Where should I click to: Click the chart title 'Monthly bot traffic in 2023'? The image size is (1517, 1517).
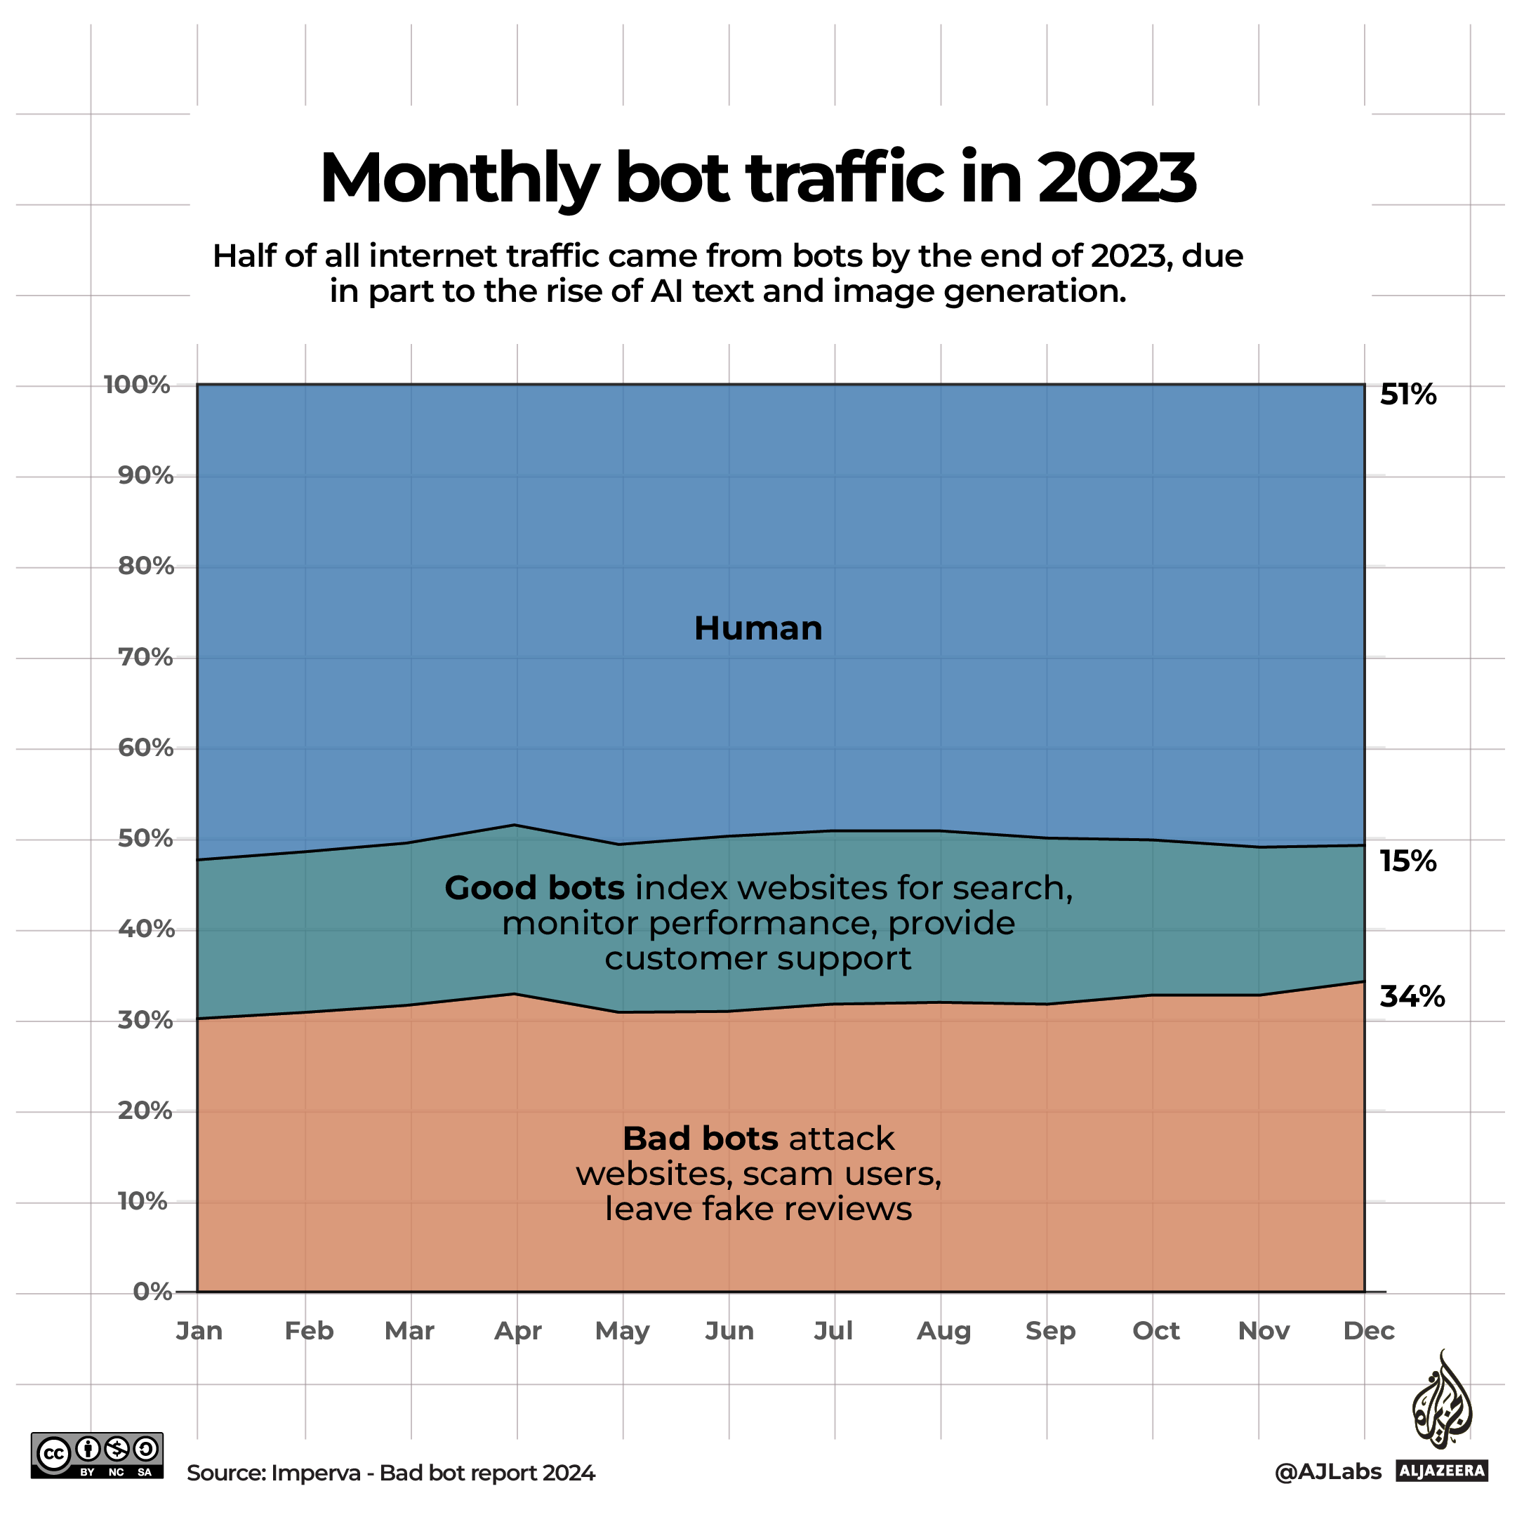coord(757,179)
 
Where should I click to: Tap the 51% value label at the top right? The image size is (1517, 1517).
coord(1408,395)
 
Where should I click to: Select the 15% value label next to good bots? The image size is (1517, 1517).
coord(1408,861)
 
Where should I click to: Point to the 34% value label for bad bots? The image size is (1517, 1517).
coord(1412,996)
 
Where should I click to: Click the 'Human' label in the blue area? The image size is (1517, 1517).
coord(757,628)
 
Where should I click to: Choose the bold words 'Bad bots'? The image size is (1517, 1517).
coord(700,1139)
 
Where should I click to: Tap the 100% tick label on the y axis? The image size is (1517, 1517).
coord(138,385)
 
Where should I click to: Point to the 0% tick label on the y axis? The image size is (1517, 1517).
coord(152,1292)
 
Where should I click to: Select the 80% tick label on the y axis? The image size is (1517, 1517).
coord(145,566)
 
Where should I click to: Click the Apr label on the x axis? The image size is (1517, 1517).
coord(518,1331)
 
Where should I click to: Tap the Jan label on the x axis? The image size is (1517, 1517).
coord(199,1331)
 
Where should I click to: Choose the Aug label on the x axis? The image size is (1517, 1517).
coord(943,1331)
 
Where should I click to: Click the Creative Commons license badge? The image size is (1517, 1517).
coord(98,1456)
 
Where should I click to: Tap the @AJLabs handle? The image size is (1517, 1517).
coord(1327,1471)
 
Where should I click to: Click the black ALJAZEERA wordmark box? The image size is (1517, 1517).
coord(1442,1471)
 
